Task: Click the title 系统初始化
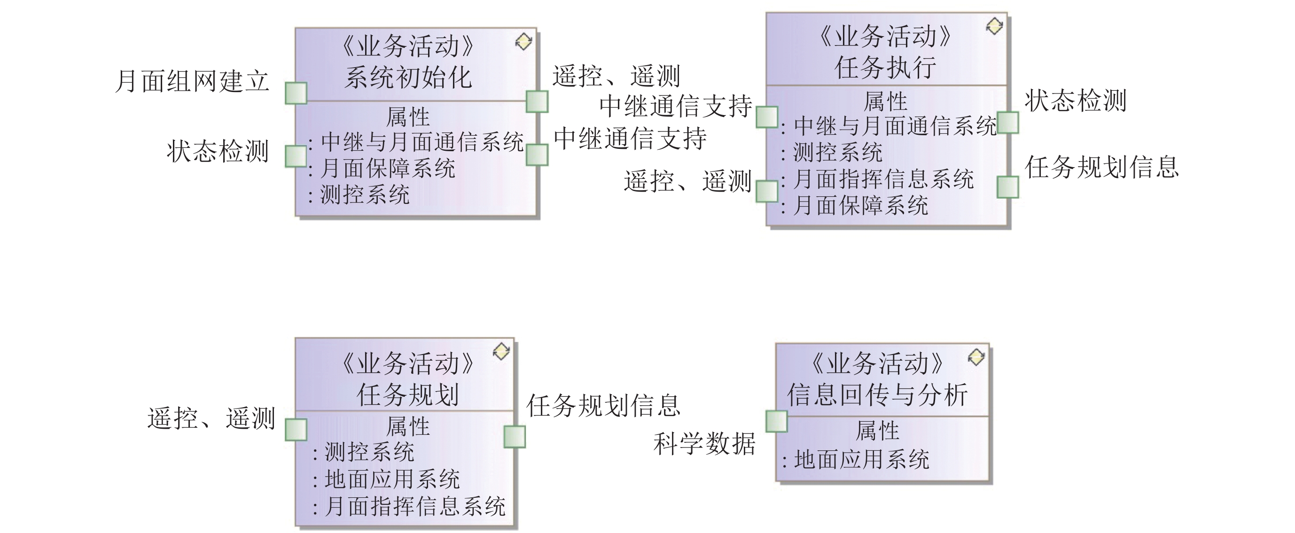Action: tap(408, 78)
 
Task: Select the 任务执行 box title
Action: tap(885, 67)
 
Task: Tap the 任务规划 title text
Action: tap(408, 395)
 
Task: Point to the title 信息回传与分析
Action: tap(877, 395)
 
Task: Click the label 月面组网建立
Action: tap(192, 81)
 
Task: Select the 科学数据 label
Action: tap(704, 444)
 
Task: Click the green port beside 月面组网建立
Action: tap(296, 93)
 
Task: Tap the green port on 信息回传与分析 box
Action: tap(776, 422)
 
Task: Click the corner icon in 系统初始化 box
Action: tap(523, 42)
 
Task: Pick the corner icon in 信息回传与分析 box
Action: tap(976, 357)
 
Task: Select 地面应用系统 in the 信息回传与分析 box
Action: tap(862, 460)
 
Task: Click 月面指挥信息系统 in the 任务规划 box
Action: tap(415, 506)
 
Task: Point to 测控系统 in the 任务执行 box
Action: tap(837, 152)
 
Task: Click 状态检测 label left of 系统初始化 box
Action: tap(218, 151)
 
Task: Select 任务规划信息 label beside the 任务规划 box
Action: tap(603, 405)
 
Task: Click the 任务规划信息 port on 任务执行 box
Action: tap(1007, 187)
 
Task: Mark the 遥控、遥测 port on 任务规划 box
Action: tap(296, 430)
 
